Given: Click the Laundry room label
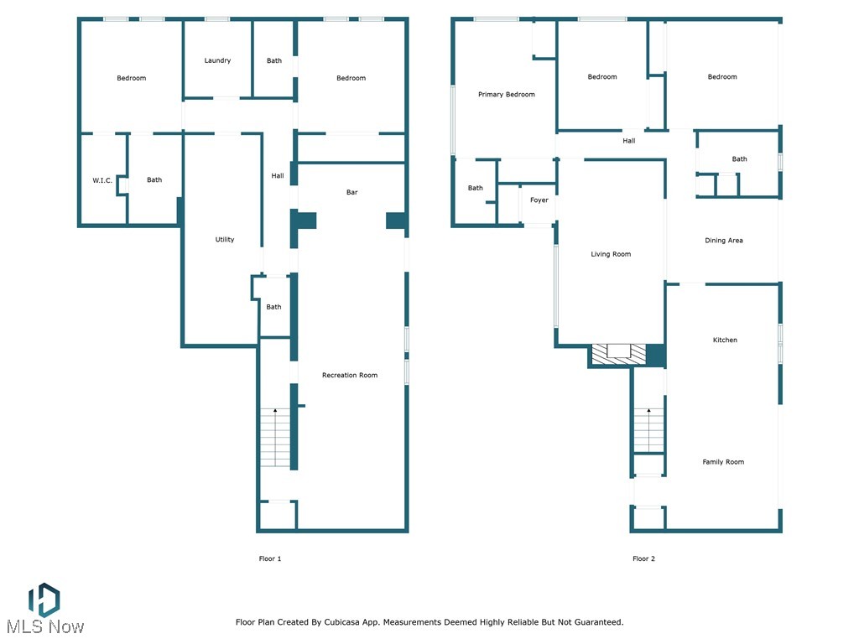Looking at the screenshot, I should (217, 60).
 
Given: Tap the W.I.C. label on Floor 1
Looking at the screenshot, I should (102, 180).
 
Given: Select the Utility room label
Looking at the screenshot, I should (225, 240).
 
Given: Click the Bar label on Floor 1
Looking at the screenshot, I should (352, 193).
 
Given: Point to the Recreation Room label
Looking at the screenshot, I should (350, 376).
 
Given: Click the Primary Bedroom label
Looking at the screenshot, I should (507, 95).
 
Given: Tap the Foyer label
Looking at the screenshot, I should (539, 200).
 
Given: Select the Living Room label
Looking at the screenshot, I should (611, 254).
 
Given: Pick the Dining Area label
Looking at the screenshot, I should (723, 241).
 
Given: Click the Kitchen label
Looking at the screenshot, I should (725, 340).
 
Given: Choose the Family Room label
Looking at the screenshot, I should (723, 462).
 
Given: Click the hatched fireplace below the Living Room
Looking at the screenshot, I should (619, 355).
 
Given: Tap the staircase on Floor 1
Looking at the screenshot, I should (275, 438).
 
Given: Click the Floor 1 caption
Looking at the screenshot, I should (269, 558).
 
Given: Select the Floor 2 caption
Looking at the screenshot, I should (643, 558).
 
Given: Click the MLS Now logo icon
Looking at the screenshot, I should (44, 599).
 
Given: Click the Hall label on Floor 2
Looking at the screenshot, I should (628, 141).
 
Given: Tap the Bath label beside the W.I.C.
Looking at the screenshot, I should (154, 180).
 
